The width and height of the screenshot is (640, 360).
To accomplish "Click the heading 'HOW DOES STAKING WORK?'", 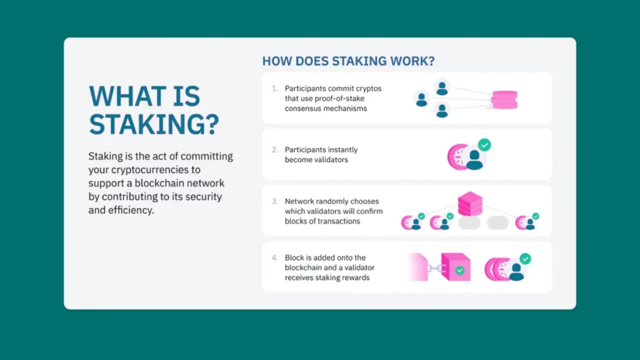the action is (348, 61).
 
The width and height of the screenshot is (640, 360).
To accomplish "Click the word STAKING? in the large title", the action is (154, 124).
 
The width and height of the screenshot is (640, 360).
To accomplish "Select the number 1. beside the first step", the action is (275, 89).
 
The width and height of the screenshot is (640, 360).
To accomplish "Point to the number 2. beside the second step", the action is (275, 150).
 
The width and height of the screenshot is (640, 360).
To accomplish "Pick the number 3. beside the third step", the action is (275, 201).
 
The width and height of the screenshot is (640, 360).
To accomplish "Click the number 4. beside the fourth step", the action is (275, 257).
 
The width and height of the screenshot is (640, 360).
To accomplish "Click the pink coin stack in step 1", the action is (504, 99).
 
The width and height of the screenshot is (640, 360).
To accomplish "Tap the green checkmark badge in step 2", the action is (484, 145).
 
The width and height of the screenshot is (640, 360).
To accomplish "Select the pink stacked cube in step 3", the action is (470, 203).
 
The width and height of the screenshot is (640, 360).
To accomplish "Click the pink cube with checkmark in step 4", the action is (456, 266).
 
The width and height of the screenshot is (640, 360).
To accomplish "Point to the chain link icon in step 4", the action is (434, 269).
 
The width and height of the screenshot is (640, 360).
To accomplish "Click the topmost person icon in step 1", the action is (442, 87).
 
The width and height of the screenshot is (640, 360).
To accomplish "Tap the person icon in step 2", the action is (474, 159).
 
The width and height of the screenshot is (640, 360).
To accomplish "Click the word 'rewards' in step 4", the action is (354, 277).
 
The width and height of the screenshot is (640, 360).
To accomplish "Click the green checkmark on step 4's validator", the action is (525, 259).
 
